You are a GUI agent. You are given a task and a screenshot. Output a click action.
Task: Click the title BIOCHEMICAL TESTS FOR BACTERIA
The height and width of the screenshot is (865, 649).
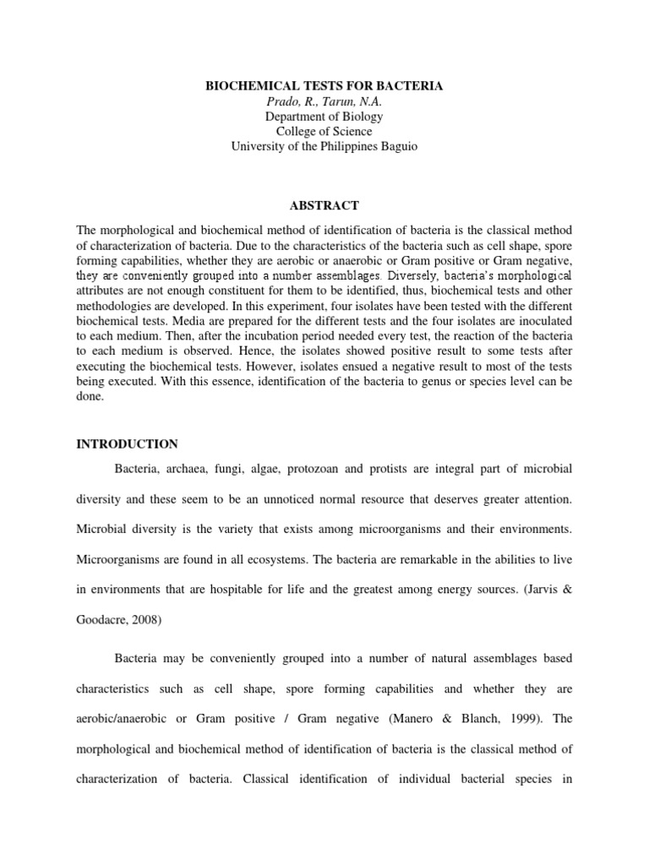click(324, 85)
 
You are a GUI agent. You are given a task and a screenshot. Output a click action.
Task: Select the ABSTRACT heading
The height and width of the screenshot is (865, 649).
click(324, 205)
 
